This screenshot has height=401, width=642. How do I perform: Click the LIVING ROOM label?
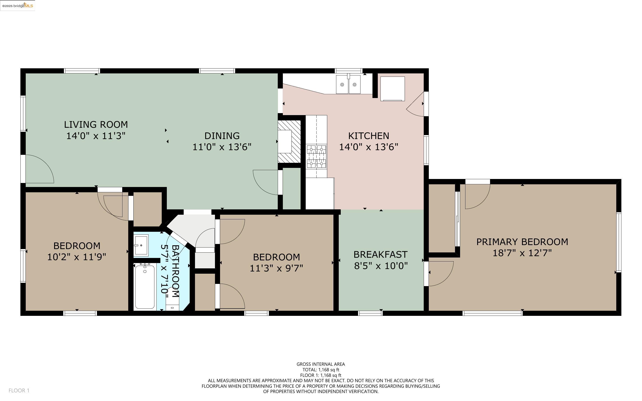pyautogui.click(x=96, y=124)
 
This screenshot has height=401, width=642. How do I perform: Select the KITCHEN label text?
pyautogui.click(x=369, y=136)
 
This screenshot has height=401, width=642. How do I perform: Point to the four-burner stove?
pyautogui.click(x=316, y=157)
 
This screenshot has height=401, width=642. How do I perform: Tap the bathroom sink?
pyautogui.click(x=141, y=245)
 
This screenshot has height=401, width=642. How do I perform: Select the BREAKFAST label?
pyautogui.click(x=380, y=255)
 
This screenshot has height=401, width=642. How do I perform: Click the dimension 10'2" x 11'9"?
pyautogui.click(x=77, y=257)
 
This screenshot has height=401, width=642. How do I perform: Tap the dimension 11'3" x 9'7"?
pyautogui.click(x=276, y=268)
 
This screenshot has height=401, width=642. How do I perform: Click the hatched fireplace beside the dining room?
pyautogui.click(x=289, y=142)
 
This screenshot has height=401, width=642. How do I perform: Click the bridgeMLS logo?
pyautogui.click(x=18, y=5)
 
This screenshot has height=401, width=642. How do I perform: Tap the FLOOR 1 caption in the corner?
pyautogui.click(x=19, y=390)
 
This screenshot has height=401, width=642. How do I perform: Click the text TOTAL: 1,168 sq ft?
pyautogui.click(x=321, y=370)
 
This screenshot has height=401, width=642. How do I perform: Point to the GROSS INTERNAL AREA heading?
pyautogui.click(x=321, y=364)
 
